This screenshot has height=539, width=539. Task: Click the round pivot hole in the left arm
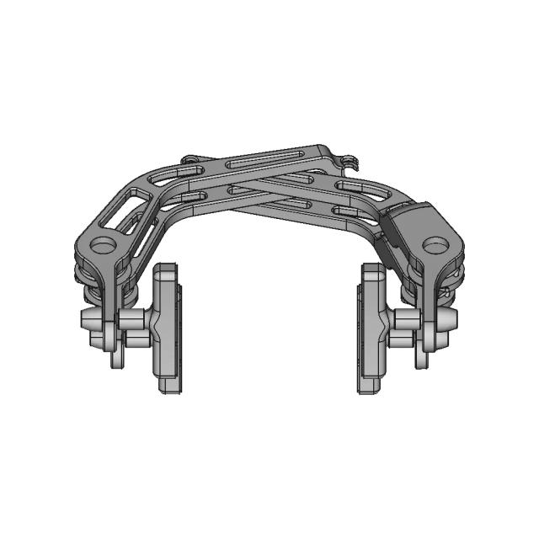[x=104, y=245]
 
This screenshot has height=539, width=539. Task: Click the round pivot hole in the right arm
[x=435, y=245]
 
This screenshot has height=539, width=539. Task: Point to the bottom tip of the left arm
[x=115, y=360]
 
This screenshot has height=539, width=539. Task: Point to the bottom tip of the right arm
[x=422, y=360]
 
